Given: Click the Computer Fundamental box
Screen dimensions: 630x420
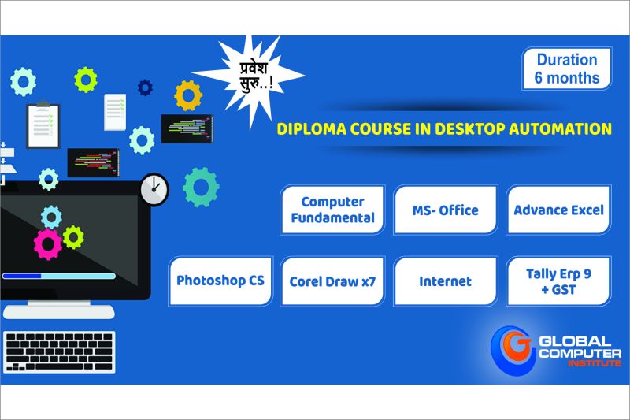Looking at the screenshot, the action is tap(332, 210).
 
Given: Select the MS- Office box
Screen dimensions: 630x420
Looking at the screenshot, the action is tap(446, 210).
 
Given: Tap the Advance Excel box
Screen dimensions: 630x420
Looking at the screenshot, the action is tap(558, 210).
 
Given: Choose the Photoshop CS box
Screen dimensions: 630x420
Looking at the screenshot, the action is tap(220, 281).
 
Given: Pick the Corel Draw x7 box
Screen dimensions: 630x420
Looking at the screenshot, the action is tap(332, 281).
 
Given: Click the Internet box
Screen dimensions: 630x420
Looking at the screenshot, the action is tap(446, 281).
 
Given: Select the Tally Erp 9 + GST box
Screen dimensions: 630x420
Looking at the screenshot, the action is tap(558, 281).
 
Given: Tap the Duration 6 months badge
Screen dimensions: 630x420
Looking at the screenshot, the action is tap(566, 69).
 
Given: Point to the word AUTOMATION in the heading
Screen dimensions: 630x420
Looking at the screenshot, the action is tap(560, 129).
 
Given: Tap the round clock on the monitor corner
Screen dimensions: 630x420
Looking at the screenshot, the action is tap(154, 189).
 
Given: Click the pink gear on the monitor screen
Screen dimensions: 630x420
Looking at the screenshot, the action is tap(48, 244).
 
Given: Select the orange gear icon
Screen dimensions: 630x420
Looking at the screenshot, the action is tap(188, 95).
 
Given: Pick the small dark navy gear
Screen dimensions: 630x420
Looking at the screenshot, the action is tap(145, 87).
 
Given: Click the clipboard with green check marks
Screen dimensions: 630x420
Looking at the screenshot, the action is tap(43, 125).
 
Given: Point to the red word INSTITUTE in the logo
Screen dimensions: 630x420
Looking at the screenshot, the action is tap(595, 363).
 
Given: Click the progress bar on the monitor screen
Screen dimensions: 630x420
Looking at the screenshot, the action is tap(59, 276).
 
